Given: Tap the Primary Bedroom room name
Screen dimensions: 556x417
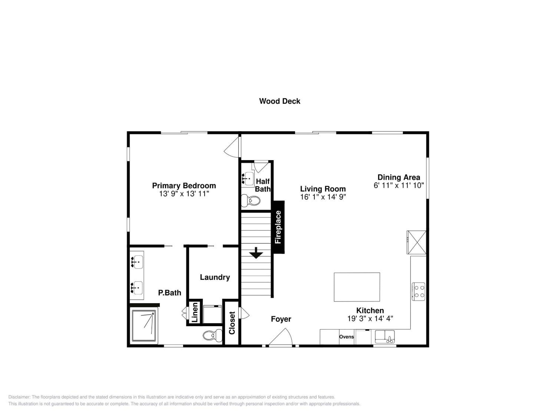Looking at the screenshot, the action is tap(184, 186).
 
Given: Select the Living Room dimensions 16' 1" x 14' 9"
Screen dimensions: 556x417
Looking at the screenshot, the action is tap(323, 197).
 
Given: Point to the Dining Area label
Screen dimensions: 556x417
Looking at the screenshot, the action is tap(399, 177).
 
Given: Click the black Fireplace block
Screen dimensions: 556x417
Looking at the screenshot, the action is tap(279, 227).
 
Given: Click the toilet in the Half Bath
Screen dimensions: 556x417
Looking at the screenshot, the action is tap(251, 201).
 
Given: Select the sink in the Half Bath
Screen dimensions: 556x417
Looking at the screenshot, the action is tap(248, 179).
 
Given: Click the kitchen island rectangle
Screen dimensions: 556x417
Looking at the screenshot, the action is tap(357, 287).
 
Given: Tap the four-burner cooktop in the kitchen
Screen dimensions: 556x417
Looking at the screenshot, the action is tap(419, 292).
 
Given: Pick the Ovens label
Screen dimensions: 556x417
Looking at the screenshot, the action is tap(346, 337).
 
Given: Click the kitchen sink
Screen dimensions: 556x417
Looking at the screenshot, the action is tap(385, 337).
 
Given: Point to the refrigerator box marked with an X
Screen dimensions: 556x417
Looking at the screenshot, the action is tap(416, 242).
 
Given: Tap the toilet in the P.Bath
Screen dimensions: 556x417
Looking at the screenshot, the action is tap(212, 335).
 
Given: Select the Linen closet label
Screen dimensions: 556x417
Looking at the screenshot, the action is tap(195, 312).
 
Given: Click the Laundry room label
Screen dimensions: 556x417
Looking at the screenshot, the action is tap(215, 277).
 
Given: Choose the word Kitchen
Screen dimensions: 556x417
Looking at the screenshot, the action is tap(370, 310).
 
